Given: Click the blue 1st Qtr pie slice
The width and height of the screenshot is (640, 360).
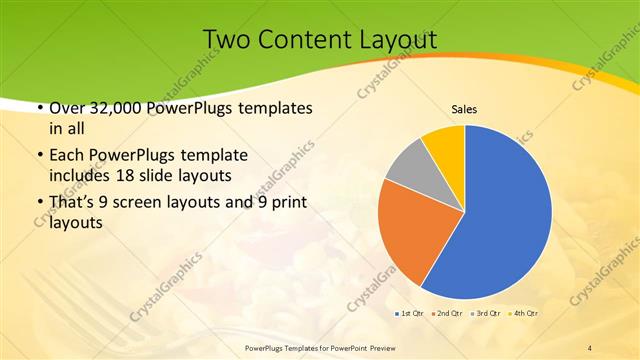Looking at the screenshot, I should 500,215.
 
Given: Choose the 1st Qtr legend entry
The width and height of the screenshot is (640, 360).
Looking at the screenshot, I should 410,314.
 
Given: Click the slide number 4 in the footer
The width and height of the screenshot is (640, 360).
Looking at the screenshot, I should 590,347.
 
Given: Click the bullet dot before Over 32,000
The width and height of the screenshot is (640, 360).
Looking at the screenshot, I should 39,107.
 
